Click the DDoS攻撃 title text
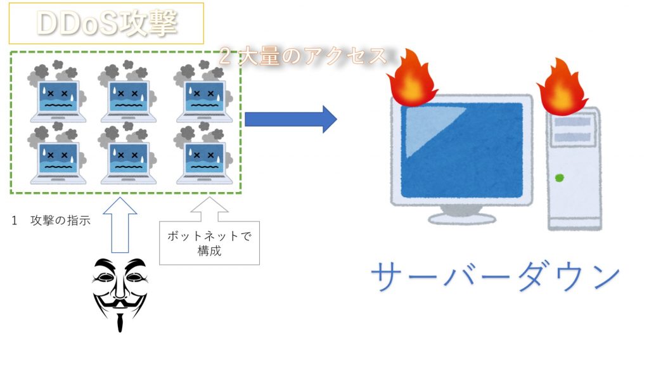pos(106,23)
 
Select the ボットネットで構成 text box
pos(209,243)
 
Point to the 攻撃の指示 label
pos(60,221)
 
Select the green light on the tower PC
pos(559,178)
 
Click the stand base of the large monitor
pos(461,218)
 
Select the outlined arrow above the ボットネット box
pos(209,213)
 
